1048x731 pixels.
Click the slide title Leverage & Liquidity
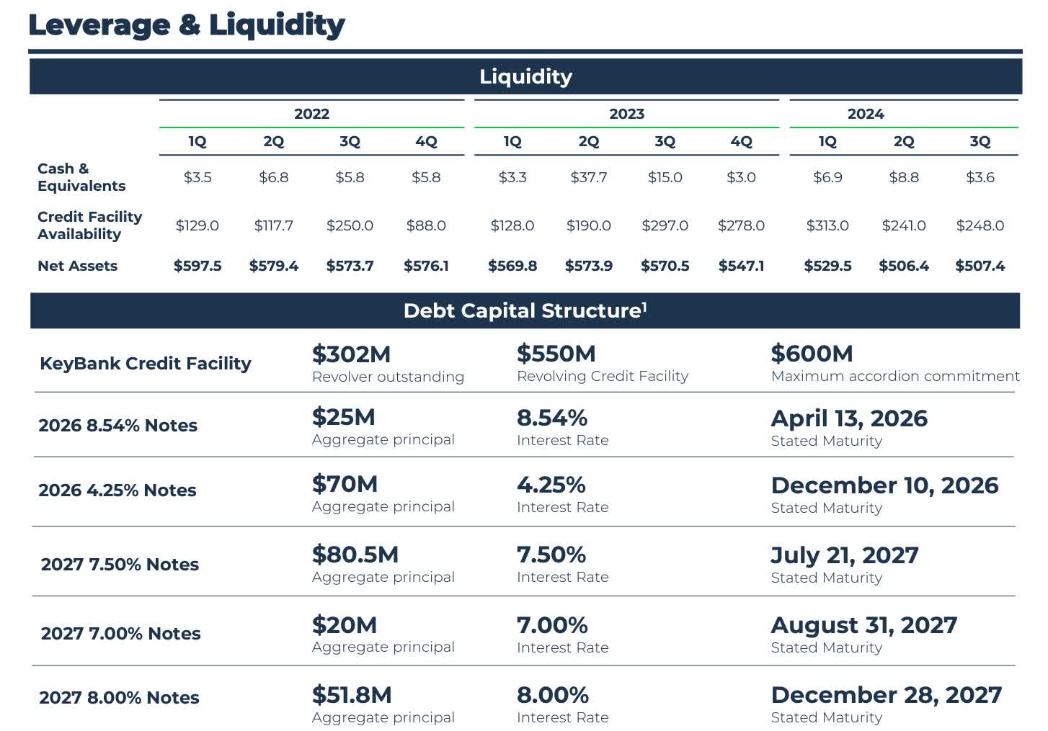point(186,24)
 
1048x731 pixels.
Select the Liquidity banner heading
point(525,76)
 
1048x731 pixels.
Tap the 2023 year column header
point(626,114)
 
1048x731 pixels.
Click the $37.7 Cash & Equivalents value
point(588,177)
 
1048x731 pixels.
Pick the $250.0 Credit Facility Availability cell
point(350,225)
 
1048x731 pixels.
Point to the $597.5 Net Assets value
point(197,266)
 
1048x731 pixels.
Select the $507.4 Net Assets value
point(980,266)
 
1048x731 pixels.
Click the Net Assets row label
point(77,266)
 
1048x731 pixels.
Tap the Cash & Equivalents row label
point(81,177)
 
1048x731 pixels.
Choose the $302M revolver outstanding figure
point(351,354)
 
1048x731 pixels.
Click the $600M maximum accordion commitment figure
point(812,354)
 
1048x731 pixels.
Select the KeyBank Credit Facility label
point(145,364)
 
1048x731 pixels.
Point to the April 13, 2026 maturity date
point(849,418)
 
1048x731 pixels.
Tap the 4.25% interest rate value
point(551,485)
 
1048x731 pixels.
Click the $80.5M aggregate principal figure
point(355,555)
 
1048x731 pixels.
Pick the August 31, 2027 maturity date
point(863,625)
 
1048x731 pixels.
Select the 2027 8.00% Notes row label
point(119,698)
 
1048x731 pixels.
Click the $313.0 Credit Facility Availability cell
point(827,225)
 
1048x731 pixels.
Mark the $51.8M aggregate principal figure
point(352,695)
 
